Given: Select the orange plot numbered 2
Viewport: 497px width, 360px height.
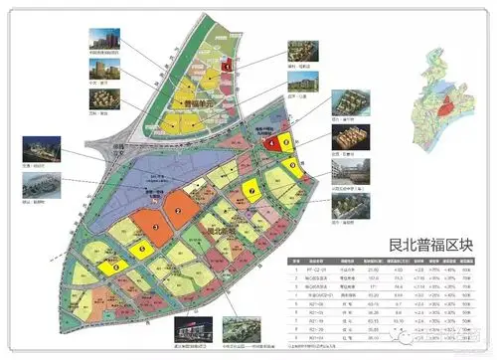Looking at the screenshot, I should coord(177,210).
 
